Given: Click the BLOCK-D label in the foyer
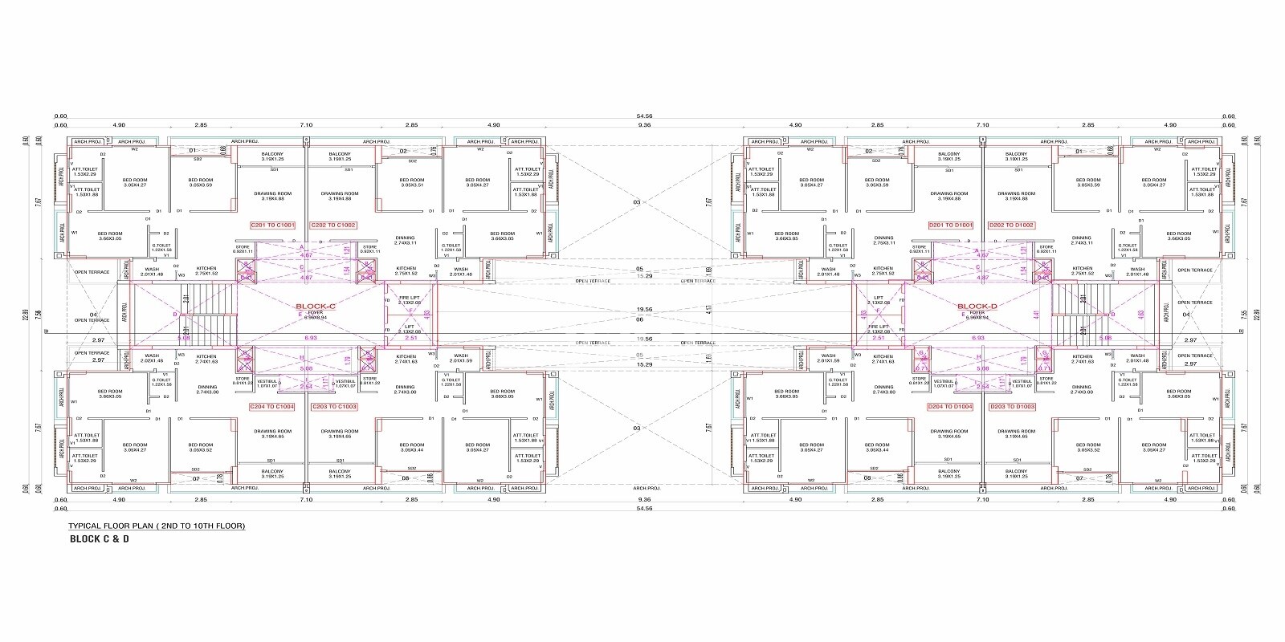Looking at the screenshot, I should pos(977,307).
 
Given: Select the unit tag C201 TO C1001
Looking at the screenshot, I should pos(273,226).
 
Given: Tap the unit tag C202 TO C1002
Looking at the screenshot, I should pos(333,226).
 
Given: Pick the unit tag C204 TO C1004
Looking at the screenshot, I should pos(272,407).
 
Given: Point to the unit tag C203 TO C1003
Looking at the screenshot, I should pos(333,407).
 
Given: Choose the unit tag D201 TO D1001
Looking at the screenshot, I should pos(951,226).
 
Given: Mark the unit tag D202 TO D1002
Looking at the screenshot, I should pos(1011,226).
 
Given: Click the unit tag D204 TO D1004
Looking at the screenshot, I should pos(950,407).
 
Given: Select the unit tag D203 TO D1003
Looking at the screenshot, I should pos(1011,407).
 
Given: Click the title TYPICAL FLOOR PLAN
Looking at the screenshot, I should pos(157,526).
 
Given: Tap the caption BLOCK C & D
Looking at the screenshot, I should pos(100,539).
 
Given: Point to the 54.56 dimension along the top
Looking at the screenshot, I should pos(644,116).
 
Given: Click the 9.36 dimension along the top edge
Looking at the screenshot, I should pos(644,125).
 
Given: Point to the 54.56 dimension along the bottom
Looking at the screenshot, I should pos(644,508).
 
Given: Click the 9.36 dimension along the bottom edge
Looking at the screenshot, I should pos(644,499).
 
